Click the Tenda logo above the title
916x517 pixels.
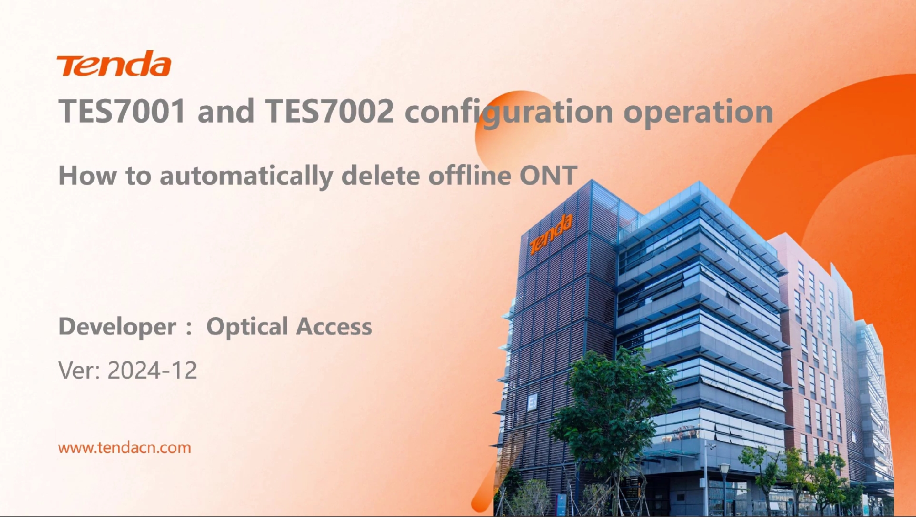tap(114, 64)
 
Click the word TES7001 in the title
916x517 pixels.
tap(122, 111)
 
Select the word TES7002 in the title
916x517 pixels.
tap(330, 111)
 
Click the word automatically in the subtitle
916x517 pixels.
tap(246, 176)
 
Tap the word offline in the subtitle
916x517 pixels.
tap(469, 176)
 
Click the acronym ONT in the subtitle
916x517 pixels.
tap(549, 176)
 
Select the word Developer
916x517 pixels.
tap(117, 327)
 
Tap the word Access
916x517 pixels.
tap(334, 327)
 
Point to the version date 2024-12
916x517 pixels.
tap(152, 371)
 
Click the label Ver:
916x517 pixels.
tap(79, 371)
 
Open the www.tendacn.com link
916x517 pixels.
tap(125, 448)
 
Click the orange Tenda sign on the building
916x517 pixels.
tap(551, 234)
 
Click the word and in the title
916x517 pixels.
tap(226, 111)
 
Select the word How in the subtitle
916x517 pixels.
tap(87, 176)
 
